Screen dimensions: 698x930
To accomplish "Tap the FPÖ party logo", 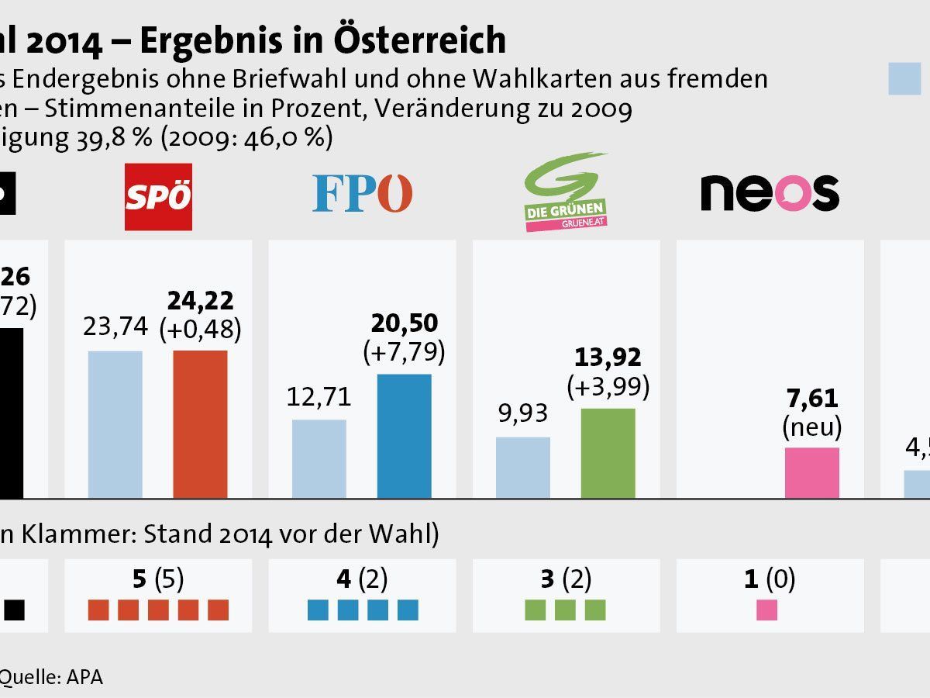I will tap(362, 194).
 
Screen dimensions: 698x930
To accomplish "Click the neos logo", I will tap(770, 192).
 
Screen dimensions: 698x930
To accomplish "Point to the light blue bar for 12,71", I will tap(319, 458).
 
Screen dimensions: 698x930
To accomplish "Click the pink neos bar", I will tap(811, 472).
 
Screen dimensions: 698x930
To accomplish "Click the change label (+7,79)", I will tap(404, 352).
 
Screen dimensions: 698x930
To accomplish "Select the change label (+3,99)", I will tap(608, 385).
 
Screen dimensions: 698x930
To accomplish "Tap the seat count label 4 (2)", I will tap(362, 579).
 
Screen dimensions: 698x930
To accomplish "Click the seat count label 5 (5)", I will tap(158, 579).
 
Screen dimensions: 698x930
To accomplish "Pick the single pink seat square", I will tap(767, 610).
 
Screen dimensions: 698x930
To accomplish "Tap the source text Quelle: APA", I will tap(51, 676).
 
